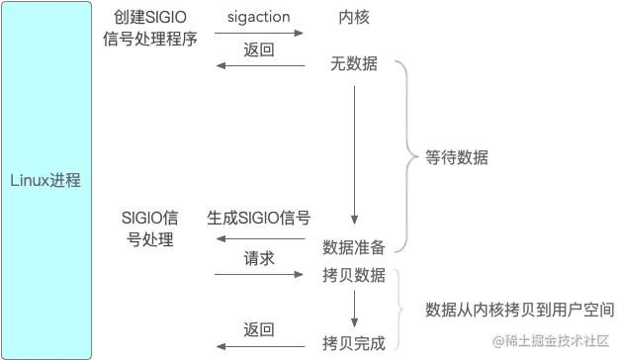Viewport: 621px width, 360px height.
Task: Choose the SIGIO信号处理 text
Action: tap(149, 227)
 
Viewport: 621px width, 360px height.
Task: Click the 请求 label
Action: tap(259, 257)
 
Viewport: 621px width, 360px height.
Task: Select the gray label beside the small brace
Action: tap(509, 312)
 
